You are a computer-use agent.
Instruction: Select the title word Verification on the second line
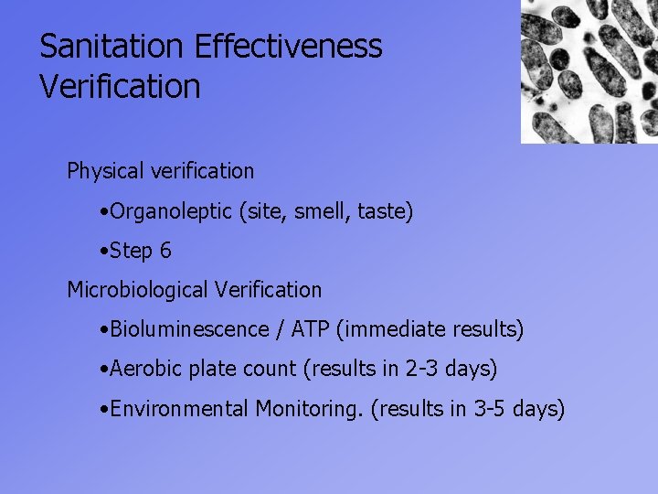coord(120,87)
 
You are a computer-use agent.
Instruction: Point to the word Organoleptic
coord(171,212)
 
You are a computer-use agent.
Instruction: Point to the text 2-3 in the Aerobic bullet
coord(422,369)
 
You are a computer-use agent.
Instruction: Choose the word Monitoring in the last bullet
coord(309,408)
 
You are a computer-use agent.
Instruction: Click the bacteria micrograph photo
coord(589,71)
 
